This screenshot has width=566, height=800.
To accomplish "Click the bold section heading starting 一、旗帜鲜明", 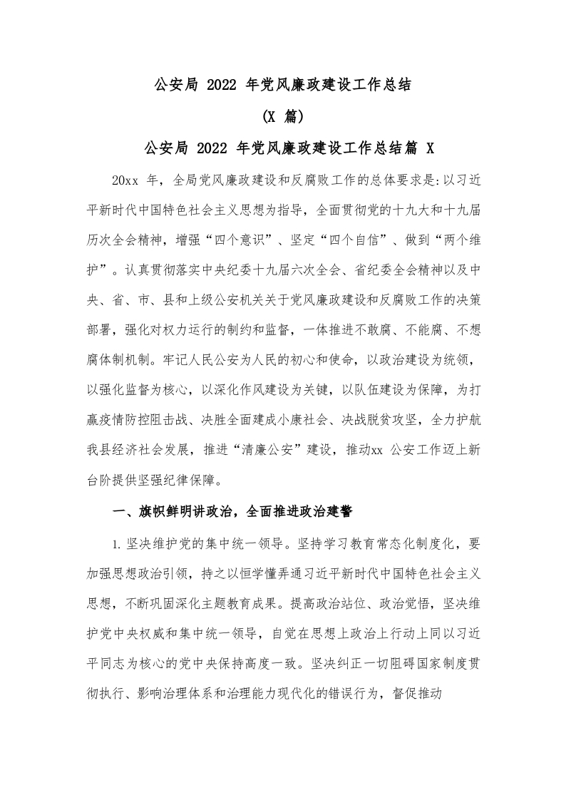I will [232, 512].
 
